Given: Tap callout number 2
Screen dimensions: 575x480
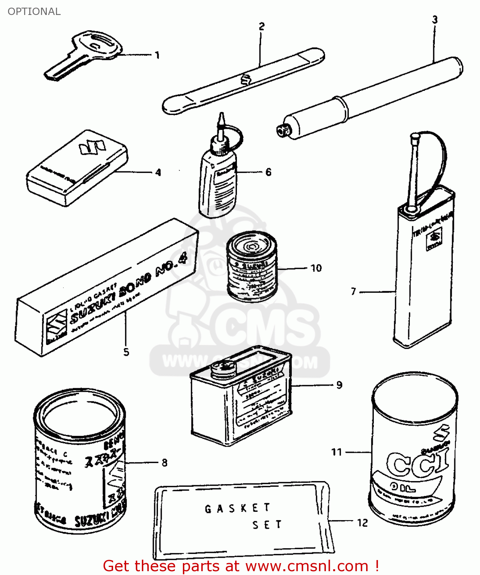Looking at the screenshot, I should click(x=261, y=26).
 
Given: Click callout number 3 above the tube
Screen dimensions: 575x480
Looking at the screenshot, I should click(x=435, y=20).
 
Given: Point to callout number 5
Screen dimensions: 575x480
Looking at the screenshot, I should click(x=126, y=352).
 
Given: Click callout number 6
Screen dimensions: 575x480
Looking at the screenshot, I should click(x=268, y=172).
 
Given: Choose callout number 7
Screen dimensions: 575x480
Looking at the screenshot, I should click(x=353, y=292).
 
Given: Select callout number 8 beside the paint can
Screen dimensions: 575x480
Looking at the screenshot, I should click(x=164, y=463).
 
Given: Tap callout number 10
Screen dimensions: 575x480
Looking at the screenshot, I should click(x=316, y=268).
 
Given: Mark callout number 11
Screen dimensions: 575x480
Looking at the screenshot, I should click(x=337, y=452).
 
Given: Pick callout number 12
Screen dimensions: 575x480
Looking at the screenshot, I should click(x=362, y=523).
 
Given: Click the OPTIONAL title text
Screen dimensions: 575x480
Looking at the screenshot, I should click(x=34, y=11).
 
